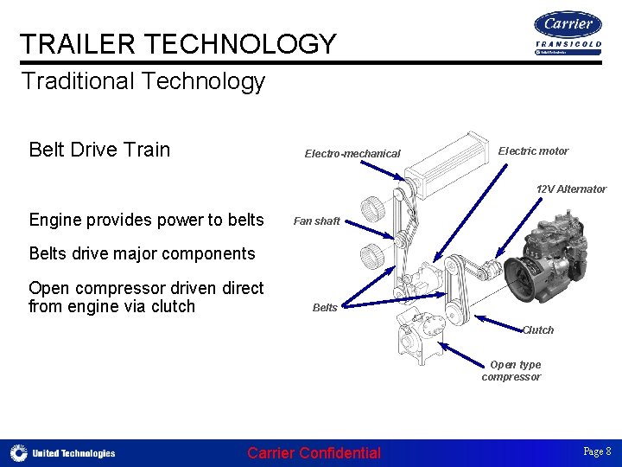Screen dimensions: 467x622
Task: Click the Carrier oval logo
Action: click(568, 23)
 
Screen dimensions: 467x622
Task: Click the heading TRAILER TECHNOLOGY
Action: click(178, 43)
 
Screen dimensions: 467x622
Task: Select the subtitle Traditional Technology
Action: click(143, 82)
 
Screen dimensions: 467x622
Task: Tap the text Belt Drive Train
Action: click(99, 150)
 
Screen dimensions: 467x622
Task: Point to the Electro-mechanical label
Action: click(352, 154)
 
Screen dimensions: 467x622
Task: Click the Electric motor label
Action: click(533, 151)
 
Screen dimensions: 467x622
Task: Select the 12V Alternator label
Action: click(570, 189)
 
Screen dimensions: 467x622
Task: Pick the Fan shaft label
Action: click(316, 221)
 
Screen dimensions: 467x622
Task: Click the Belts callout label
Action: click(325, 308)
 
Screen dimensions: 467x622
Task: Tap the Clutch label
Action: click(537, 330)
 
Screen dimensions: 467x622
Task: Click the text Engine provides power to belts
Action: click(146, 220)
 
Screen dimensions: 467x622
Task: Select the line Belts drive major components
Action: click(142, 254)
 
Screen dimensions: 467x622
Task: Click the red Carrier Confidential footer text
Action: click(314, 453)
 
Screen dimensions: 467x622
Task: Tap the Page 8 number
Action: click(597, 451)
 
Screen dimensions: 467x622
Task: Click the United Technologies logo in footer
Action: click(63, 453)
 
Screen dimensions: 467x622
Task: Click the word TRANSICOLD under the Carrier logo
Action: click(568, 44)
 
